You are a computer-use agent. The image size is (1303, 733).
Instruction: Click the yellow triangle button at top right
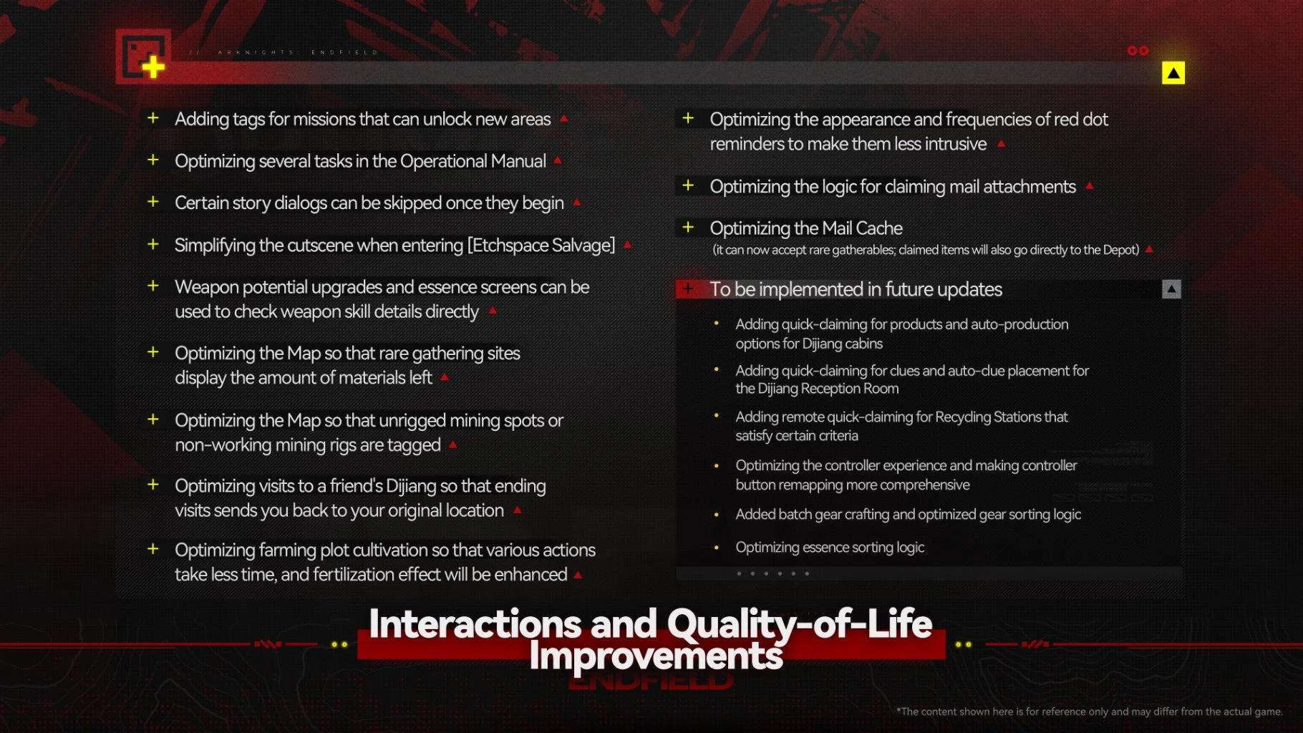[1173, 73]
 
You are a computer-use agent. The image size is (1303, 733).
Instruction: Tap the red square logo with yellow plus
[144, 56]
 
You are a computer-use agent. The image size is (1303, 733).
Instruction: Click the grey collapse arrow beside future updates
[1171, 289]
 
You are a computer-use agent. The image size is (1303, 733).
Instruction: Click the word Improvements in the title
[656, 655]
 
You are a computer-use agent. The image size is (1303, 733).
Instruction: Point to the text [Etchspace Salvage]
[541, 246]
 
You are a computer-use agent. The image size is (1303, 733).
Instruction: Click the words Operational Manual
[473, 161]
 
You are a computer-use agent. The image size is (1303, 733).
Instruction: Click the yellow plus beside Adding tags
[153, 117]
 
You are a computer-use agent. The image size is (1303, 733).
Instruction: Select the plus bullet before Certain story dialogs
[153, 202]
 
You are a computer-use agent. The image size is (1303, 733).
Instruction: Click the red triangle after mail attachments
[1090, 185]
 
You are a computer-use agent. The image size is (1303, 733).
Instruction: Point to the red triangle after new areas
[564, 118]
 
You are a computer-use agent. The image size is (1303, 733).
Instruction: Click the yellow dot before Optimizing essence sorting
[716, 548]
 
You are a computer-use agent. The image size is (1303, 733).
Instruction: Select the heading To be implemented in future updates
[856, 289]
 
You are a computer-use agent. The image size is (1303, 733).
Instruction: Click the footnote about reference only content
[1089, 712]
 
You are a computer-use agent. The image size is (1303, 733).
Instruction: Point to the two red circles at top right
[1138, 51]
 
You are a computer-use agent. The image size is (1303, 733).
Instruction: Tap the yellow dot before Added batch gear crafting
[716, 515]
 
